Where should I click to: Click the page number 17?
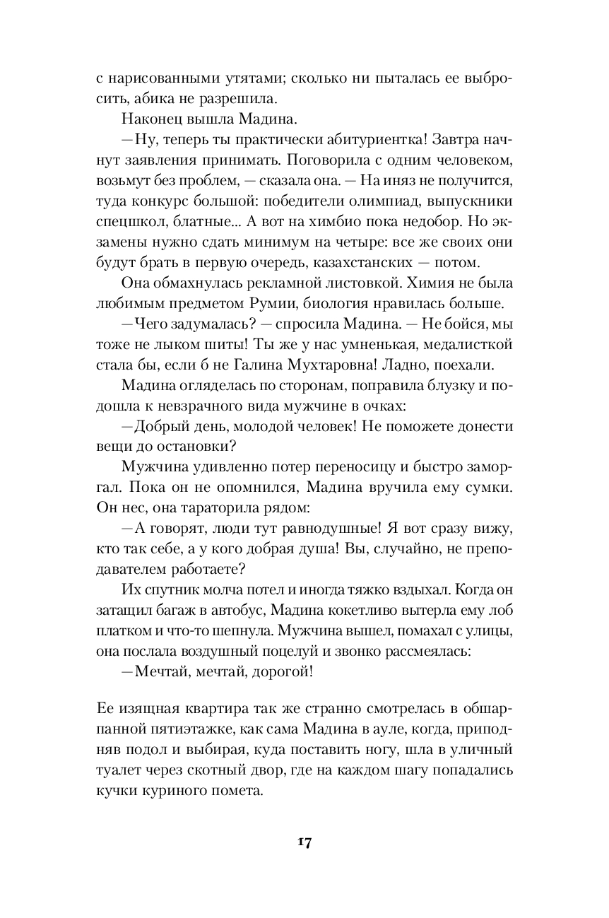[x=304, y=842]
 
